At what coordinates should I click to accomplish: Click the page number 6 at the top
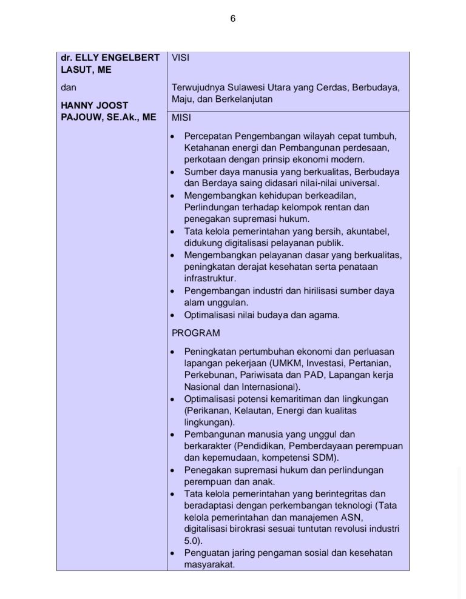(x=233, y=19)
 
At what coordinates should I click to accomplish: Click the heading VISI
(x=181, y=58)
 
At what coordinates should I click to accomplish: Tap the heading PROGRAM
(x=196, y=333)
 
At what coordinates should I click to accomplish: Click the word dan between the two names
(x=68, y=87)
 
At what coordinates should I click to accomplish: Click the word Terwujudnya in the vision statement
(x=197, y=87)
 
